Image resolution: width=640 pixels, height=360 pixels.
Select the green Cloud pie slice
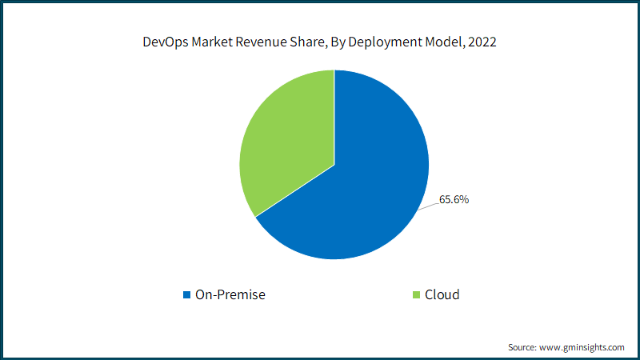284,144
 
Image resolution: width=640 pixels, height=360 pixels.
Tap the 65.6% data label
454,200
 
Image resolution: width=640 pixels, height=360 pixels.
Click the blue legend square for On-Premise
187,295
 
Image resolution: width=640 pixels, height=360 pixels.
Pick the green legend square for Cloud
416,295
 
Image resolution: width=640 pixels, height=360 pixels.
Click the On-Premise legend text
230,295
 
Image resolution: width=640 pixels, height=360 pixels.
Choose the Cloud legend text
442,295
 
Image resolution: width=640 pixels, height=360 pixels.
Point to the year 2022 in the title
481,43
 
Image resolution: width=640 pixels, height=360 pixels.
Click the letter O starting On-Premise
200,295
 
